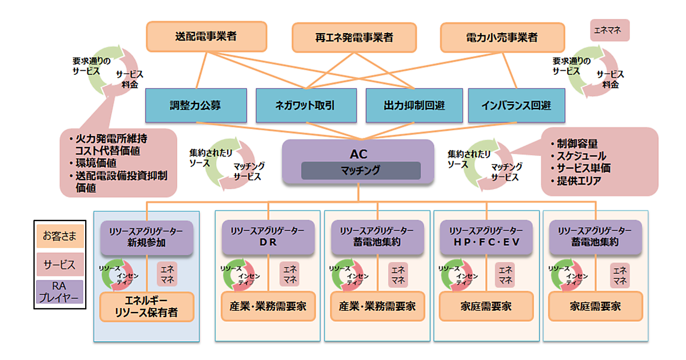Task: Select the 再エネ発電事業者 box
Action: (354, 38)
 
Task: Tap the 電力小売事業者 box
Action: (502, 38)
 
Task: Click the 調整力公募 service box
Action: (195, 106)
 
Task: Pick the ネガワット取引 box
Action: (304, 106)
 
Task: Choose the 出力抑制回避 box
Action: (414, 106)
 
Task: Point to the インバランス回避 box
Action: (516, 106)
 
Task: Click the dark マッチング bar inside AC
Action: (361, 170)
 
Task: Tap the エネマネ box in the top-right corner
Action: (609, 30)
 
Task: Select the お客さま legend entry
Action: (59, 235)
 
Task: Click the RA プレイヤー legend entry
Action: (59, 291)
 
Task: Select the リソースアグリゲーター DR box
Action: (268, 237)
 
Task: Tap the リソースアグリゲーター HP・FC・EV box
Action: (486, 237)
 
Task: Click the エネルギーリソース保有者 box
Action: (147, 307)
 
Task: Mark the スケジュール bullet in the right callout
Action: (581, 156)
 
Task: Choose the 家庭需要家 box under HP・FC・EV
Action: (486, 307)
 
